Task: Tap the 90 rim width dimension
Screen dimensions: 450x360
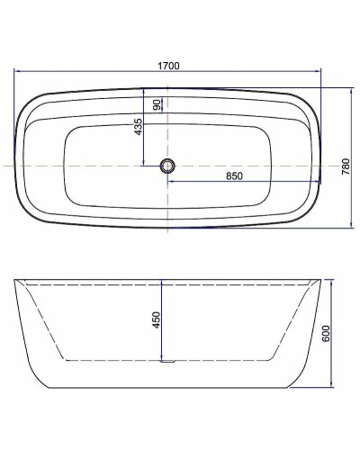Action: (x=157, y=105)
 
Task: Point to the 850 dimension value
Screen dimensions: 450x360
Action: (x=236, y=175)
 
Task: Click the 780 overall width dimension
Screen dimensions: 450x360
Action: (x=346, y=166)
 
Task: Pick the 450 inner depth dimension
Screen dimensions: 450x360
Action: (x=156, y=319)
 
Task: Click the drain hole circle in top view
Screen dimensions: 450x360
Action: (x=166, y=166)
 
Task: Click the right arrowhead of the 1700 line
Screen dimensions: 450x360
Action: (x=319, y=75)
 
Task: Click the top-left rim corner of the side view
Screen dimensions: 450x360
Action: (x=14, y=280)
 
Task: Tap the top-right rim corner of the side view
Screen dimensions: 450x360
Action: (x=320, y=280)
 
